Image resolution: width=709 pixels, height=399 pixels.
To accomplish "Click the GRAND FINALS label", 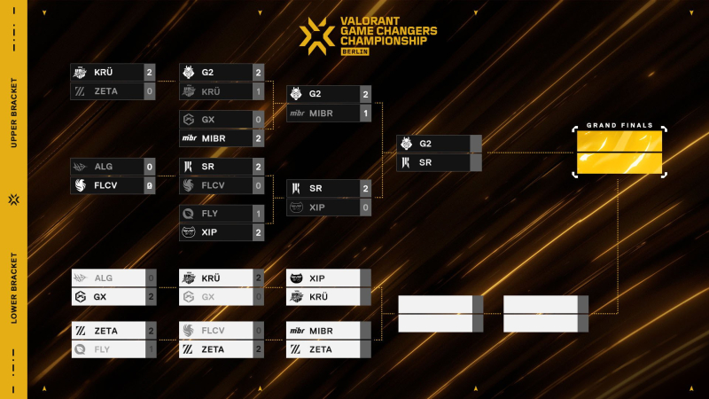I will pyautogui.click(x=619, y=126).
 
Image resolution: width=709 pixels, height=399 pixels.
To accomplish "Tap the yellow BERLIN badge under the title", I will pyautogui.click(x=354, y=51).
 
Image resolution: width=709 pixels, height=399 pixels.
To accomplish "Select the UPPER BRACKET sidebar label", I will pyautogui.click(x=13, y=119).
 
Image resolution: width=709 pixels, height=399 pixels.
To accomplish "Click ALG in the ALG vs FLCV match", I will pyautogui.click(x=105, y=167).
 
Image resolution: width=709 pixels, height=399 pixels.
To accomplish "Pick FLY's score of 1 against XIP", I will pyautogui.click(x=258, y=214).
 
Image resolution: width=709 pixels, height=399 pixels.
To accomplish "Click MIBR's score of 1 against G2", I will pyautogui.click(x=365, y=113).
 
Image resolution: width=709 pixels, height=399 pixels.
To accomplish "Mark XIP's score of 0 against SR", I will pyautogui.click(x=365, y=207).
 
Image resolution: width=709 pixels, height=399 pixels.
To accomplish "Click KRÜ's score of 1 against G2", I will pyautogui.click(x=258, y=91).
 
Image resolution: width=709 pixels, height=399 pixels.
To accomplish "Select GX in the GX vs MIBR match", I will pyautogui.click(x=208, y=120).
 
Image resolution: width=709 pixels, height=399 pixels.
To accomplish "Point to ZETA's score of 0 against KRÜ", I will pyautogui.click(x=150, y=91).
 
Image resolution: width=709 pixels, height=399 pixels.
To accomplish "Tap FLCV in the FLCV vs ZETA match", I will pyautogui.click(x=214, y=331).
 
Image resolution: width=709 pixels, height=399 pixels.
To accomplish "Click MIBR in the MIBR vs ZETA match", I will pyautogui.click(x=321, y=331).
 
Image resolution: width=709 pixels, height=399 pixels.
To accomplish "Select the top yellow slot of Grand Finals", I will pyautogui.click(x=619, y=142).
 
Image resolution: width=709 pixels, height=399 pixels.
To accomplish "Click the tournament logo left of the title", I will pyautogui.click(x=316, y=34).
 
